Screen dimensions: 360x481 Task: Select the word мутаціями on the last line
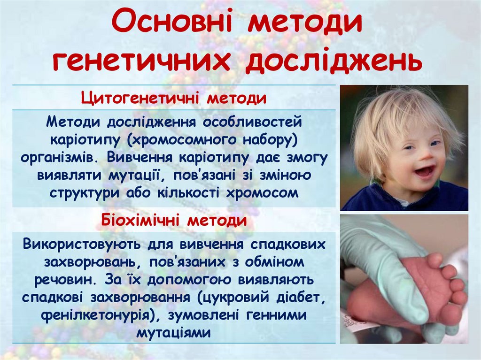pos(174,333)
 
